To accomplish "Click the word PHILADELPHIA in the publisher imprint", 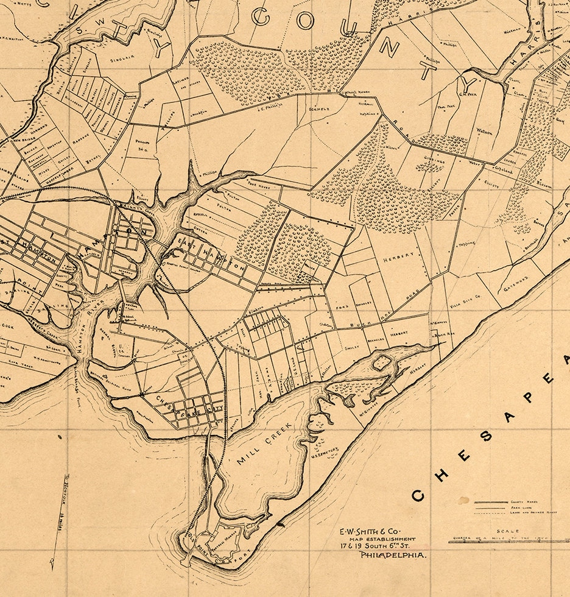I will point(393,556).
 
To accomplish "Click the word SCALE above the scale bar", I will point(507,531).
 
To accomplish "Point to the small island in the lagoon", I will point(381,363).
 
